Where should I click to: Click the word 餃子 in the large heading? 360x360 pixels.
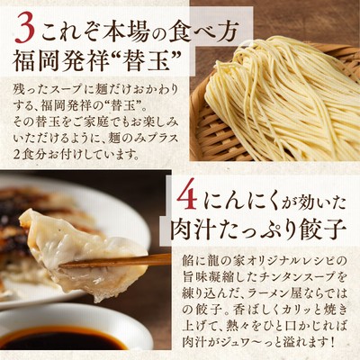(320, 231)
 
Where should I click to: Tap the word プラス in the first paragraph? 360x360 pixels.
(160, 139)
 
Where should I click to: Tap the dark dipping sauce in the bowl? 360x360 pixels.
(61, 341)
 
